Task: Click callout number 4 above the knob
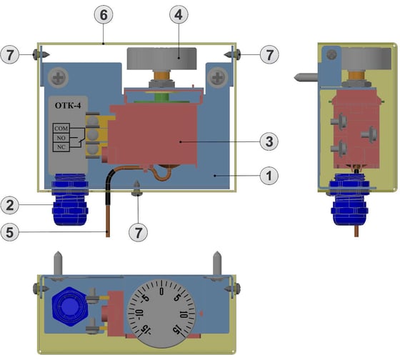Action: [x=176, y=14]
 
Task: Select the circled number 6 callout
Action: [x=104, y=14]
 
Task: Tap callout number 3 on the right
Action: [x=268, y=141]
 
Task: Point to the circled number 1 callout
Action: [x=268, y=174]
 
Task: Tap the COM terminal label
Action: [x=61, y=129]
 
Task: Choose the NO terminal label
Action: [x=61, y=137]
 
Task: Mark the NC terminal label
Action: [x=61, y=146]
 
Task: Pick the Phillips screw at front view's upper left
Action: [x=56, y=73]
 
